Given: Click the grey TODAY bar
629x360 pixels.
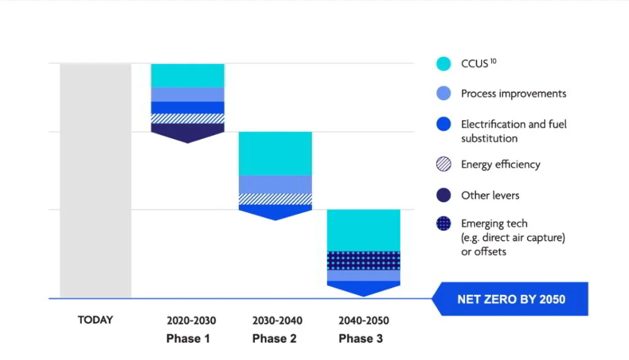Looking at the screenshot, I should [95, 181].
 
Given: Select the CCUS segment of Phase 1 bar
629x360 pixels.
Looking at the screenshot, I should [187, 76].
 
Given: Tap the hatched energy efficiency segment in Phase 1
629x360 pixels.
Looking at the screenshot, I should [187, 119].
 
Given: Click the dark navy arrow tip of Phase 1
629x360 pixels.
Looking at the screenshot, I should [187, 133].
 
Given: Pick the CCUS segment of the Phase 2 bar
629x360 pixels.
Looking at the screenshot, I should [275, 154].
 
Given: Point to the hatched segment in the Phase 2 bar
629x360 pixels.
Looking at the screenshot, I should [275, 199].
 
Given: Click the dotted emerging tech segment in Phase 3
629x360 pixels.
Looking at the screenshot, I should [364, 260].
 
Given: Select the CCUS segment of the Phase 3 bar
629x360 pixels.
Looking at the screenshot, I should [364, 230].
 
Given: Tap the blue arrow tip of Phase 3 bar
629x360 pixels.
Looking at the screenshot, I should [364, 288].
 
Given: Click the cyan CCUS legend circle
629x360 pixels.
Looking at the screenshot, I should [443, 63].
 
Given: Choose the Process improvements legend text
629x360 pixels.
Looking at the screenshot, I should [514, 94].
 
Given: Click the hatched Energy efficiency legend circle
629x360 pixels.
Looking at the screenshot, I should [443, 165].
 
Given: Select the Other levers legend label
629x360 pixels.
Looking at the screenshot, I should [490, 195].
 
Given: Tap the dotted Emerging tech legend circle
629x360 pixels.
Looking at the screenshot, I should [443, 224].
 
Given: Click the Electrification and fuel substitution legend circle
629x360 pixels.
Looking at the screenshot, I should [443, 124].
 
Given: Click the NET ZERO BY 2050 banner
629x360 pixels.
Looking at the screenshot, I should [511, 300].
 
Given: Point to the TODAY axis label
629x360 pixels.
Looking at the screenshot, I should [95, 320].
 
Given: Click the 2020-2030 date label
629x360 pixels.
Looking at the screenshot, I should [191, 321].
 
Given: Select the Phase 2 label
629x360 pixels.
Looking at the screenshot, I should [275, 338].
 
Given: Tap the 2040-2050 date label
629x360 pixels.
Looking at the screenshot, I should [364, 321].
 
